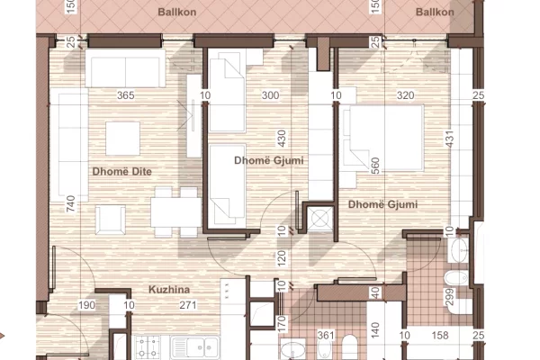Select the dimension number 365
[x=126, y=95]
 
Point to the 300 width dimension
[x=269, y=95]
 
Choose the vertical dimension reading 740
[x=71, y=204]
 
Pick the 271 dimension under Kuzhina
[x=187, y=306]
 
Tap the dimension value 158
[x=442, y=337]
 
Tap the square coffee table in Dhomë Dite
[x=123, y=138]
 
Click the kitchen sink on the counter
[x=192, y=346]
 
